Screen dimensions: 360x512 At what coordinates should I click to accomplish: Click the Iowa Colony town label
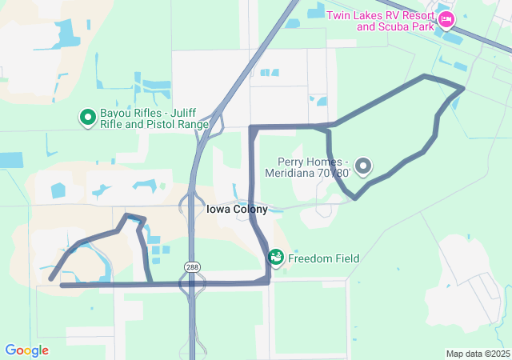[x=237, y=210]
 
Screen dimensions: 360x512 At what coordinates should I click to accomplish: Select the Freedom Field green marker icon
[x=276, y=258]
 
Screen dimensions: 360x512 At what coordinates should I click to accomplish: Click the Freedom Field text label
[x=323, y=258]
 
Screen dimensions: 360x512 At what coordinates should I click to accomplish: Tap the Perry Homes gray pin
[x=363, y=166]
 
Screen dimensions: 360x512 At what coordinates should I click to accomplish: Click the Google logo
[x=26, y=350]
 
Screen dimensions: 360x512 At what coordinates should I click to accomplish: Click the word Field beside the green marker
[x=345, y=258]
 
